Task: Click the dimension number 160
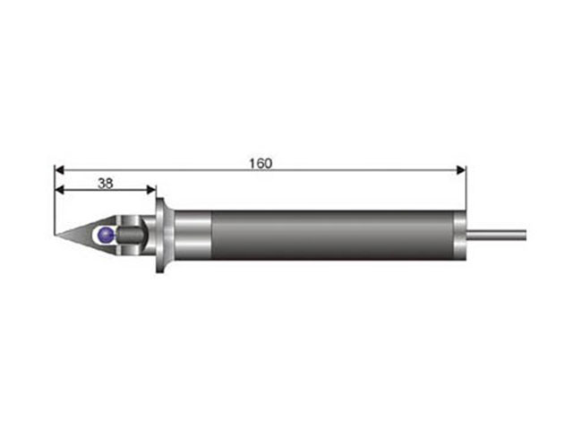click(x=261, y=163)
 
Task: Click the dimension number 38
click(x=106, y=183)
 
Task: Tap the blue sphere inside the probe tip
click(x=107, y=235)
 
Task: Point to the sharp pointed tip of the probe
click(x=55, y=235)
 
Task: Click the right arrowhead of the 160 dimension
click(x=461, y=170)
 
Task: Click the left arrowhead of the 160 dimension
click(x=59, y=170)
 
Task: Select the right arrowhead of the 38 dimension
click(x=151, y=189)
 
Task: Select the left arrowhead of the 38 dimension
click(x=59, y=189)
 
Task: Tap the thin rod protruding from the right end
click(x=496, y=235)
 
